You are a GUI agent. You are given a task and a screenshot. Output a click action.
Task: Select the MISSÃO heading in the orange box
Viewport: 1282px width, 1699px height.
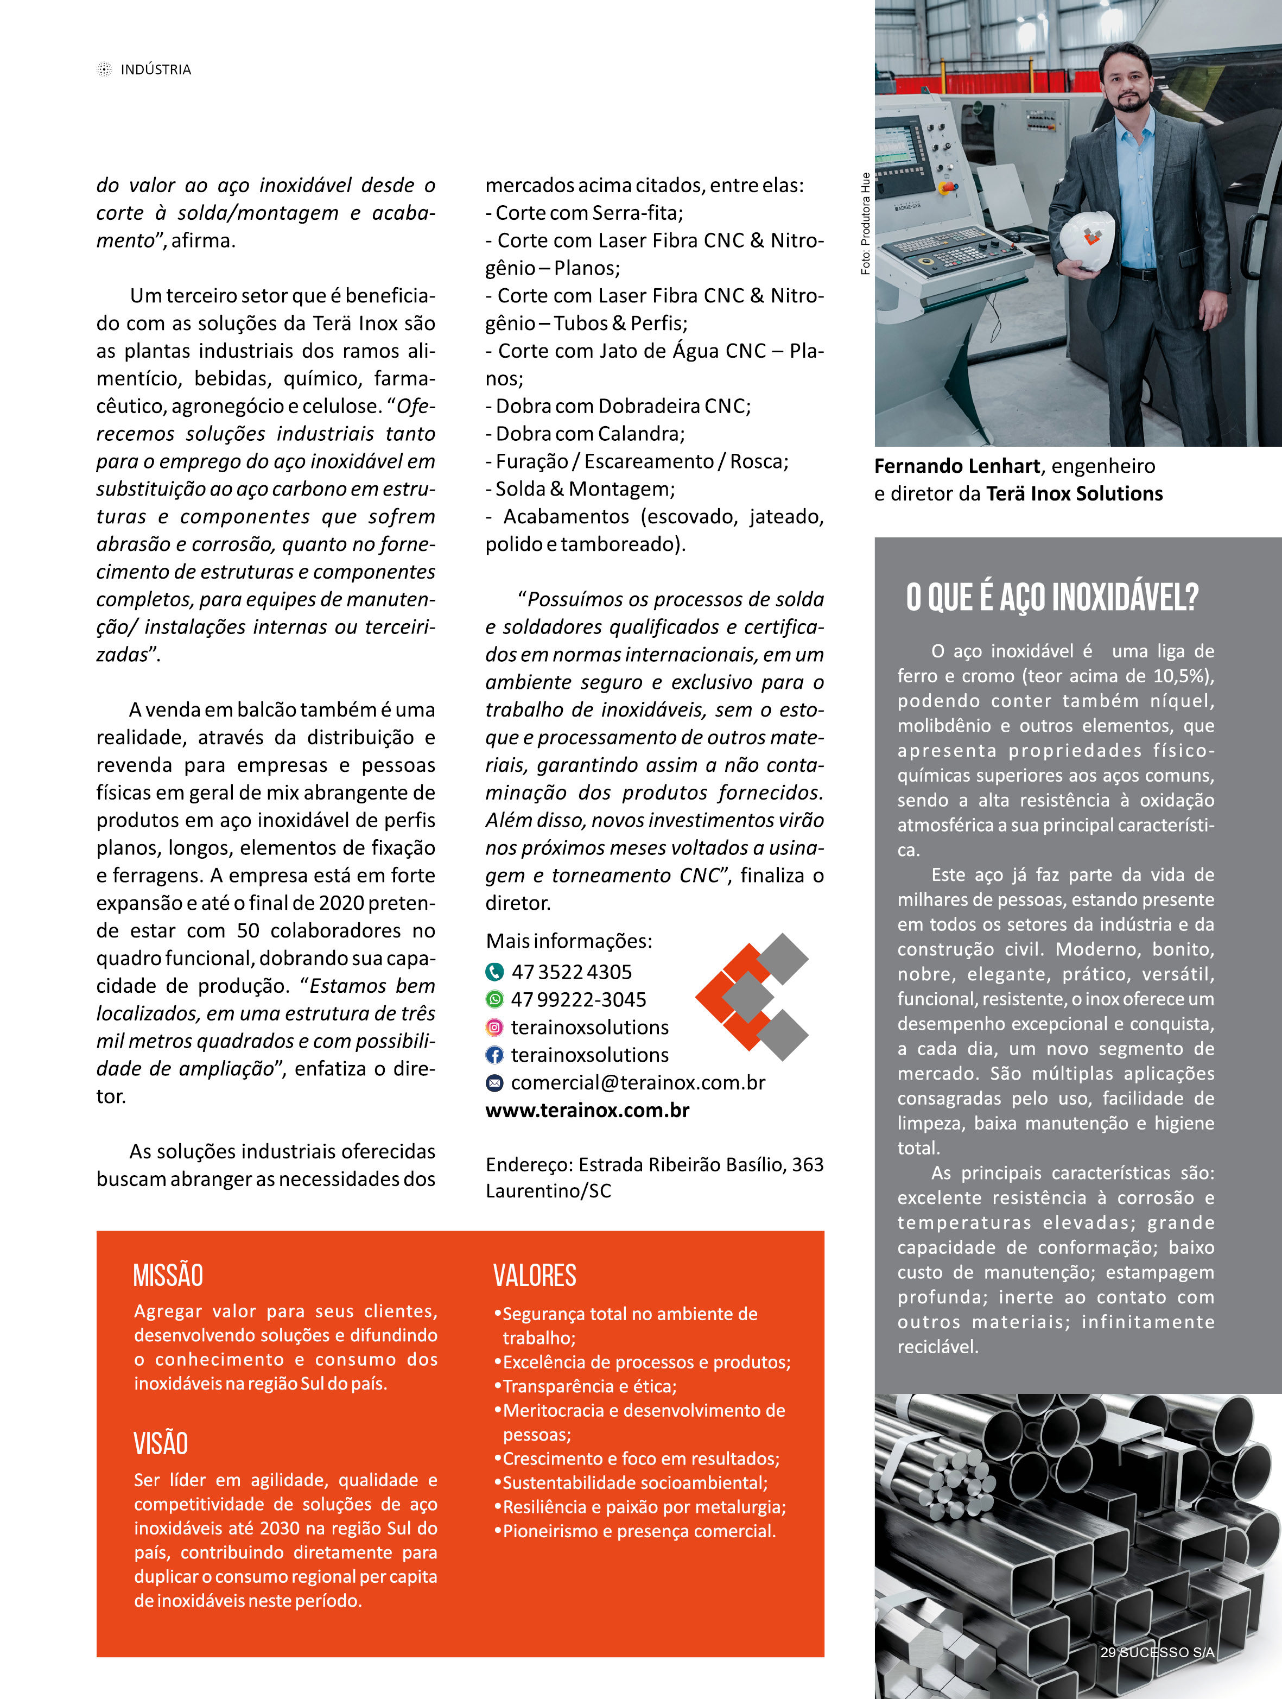tap(168, 1276)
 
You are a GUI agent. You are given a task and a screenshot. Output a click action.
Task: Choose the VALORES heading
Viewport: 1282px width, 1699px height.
tap(535, 1276)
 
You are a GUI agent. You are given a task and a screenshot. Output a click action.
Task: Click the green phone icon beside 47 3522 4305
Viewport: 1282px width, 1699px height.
tap(494, 972)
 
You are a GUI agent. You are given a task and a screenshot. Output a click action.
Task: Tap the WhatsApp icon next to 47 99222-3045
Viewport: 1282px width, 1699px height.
tap(494, 999)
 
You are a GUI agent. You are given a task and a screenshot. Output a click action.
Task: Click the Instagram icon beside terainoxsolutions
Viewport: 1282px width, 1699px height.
tap(494, 1027)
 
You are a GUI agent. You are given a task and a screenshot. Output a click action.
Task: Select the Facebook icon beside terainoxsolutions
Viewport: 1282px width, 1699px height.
tap(494, 1055)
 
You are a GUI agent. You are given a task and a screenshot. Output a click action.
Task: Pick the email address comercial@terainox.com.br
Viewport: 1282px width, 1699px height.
tap(638, 1082)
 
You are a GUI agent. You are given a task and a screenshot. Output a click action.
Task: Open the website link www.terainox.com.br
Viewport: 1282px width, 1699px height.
tap(588, 1110)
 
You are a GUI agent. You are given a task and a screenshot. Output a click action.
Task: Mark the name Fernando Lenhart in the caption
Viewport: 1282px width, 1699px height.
tap(957, 466)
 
